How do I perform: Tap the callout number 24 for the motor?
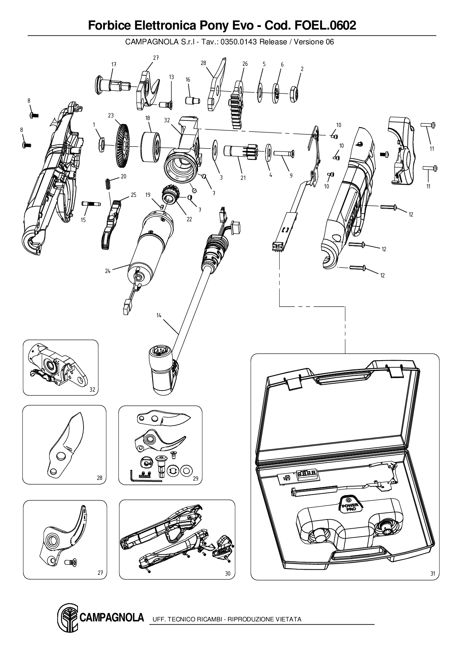pyautogui.click(x=107, y=271)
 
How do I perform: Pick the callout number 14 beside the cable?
pyautogui.click(x=159, y=316)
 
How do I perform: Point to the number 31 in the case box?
pyautogui.click(x=433, y=573)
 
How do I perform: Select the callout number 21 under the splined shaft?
pyautogui.click(x=243, y=178)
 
